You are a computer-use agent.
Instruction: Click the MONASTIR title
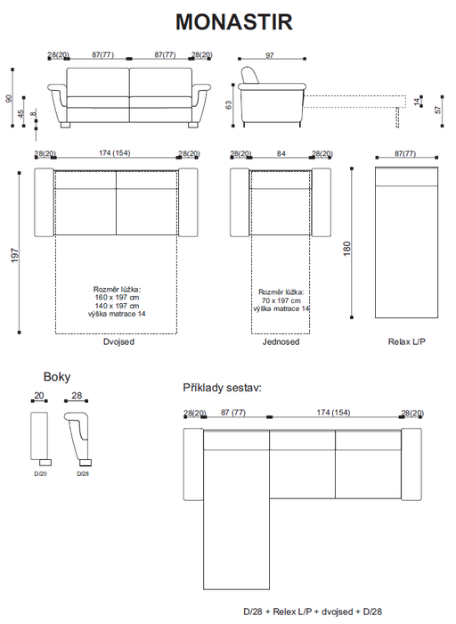233,22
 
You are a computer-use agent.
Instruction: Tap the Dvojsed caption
118,341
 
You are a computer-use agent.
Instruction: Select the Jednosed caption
281,341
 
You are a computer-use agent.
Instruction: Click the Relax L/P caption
407,341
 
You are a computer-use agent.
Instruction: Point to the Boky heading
57,377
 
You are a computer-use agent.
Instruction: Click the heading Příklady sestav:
223,388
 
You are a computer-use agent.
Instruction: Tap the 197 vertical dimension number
15,255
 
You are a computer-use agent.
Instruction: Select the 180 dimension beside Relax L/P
346,249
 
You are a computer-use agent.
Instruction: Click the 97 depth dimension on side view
270,55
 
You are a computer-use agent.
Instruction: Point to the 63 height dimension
228,105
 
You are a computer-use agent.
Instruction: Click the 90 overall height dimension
9,98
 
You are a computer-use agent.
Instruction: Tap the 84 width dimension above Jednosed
281,153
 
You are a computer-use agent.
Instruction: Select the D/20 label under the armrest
40,473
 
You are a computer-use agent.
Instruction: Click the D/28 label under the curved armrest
83,473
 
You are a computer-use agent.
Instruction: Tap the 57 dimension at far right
437,110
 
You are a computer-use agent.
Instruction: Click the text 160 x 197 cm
117,297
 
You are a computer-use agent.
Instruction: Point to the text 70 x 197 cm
281,300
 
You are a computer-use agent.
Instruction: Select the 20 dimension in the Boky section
38,396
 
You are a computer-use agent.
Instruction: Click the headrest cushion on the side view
249,75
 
